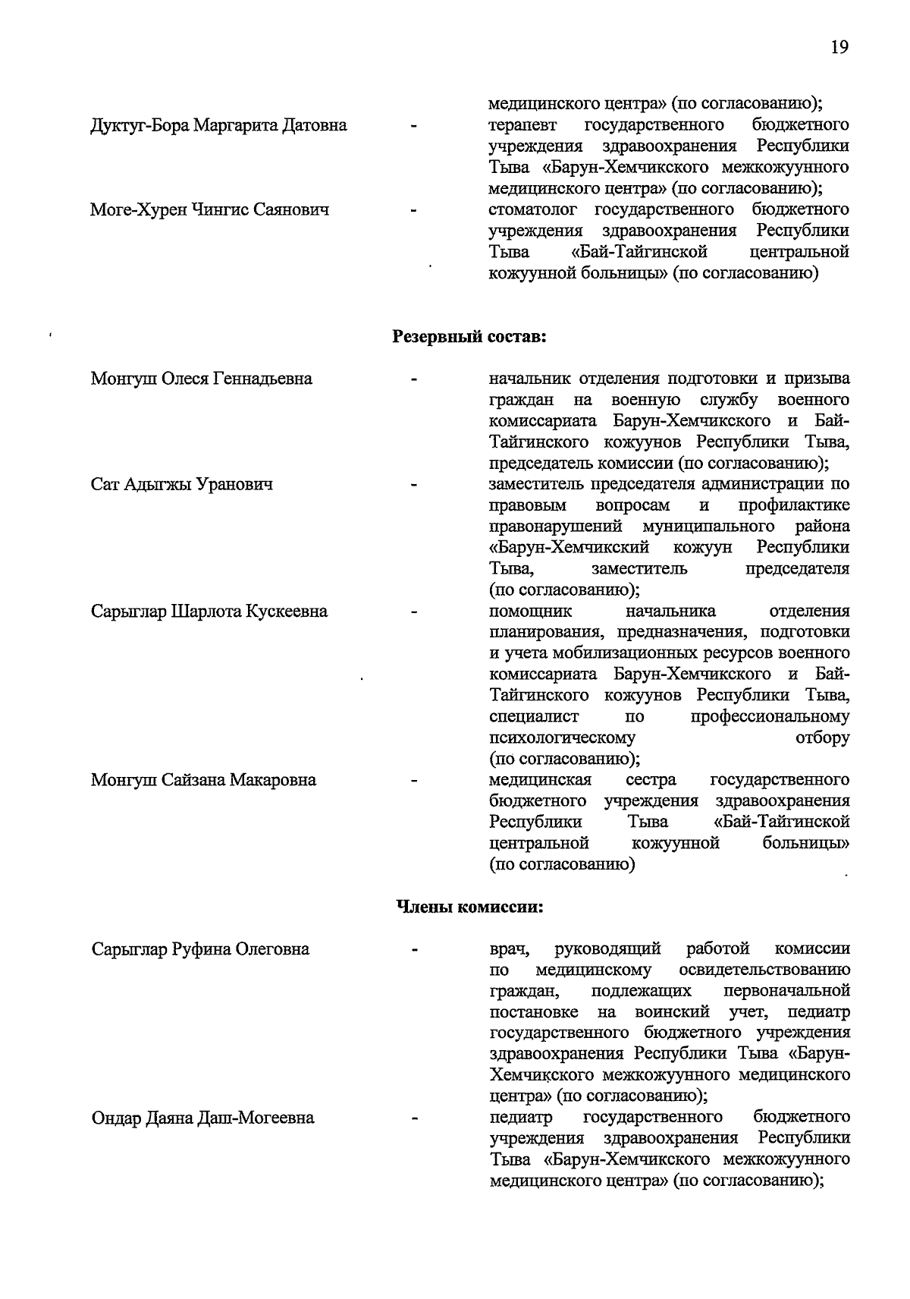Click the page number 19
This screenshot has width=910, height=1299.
point(839,47)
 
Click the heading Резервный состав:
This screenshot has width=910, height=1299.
point(469,336)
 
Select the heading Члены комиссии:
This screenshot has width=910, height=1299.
point(470,907)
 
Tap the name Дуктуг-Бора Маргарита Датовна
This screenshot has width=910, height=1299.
point(218,125)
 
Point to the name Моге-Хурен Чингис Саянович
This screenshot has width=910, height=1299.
point(209,209)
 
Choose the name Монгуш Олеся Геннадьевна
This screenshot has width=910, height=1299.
point(201,379)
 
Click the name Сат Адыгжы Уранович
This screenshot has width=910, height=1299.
point(181,484)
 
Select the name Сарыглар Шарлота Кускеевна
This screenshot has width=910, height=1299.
point(209,612)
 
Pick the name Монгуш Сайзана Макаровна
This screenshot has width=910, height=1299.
point(203,780)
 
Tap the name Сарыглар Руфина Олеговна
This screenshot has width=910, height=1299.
point(200,949)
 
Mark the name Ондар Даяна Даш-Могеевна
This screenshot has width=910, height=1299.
point(202,1118)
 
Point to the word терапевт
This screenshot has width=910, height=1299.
point(522,125)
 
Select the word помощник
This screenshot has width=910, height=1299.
point(531,612)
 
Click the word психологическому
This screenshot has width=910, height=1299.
point(562,738)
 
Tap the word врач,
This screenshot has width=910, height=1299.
point(510,949)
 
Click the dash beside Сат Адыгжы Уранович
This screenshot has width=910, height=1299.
point(414,484)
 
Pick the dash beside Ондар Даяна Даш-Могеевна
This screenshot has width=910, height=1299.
point(414,1118)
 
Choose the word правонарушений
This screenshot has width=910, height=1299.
point(556,527)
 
